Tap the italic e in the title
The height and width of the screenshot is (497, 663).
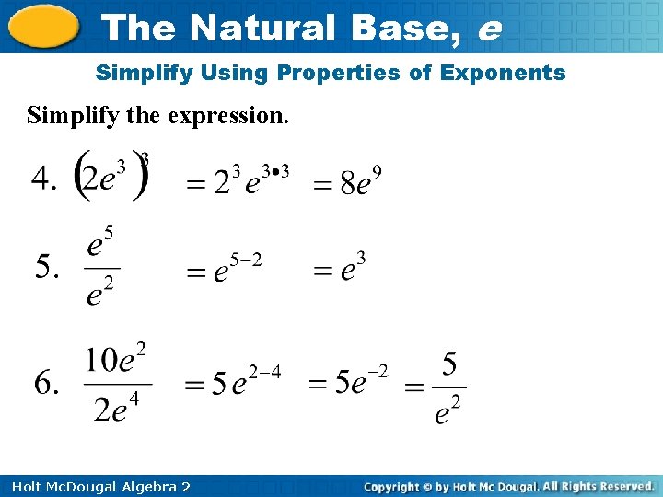tap(489, 29)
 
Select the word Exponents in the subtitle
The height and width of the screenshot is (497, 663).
tap(511, 73)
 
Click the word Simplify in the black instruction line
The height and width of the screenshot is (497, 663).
tap(64, 117)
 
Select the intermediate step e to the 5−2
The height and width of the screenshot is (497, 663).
tap(235, 270)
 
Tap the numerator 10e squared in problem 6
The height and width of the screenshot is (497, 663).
tap(116, 358)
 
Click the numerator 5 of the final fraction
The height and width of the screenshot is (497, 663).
tap(448, 364)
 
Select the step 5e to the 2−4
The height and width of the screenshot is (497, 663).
tap(244, 381)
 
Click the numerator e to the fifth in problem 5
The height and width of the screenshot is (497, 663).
tap(100, 245)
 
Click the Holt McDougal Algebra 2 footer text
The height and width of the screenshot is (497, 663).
tap(97, 486)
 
